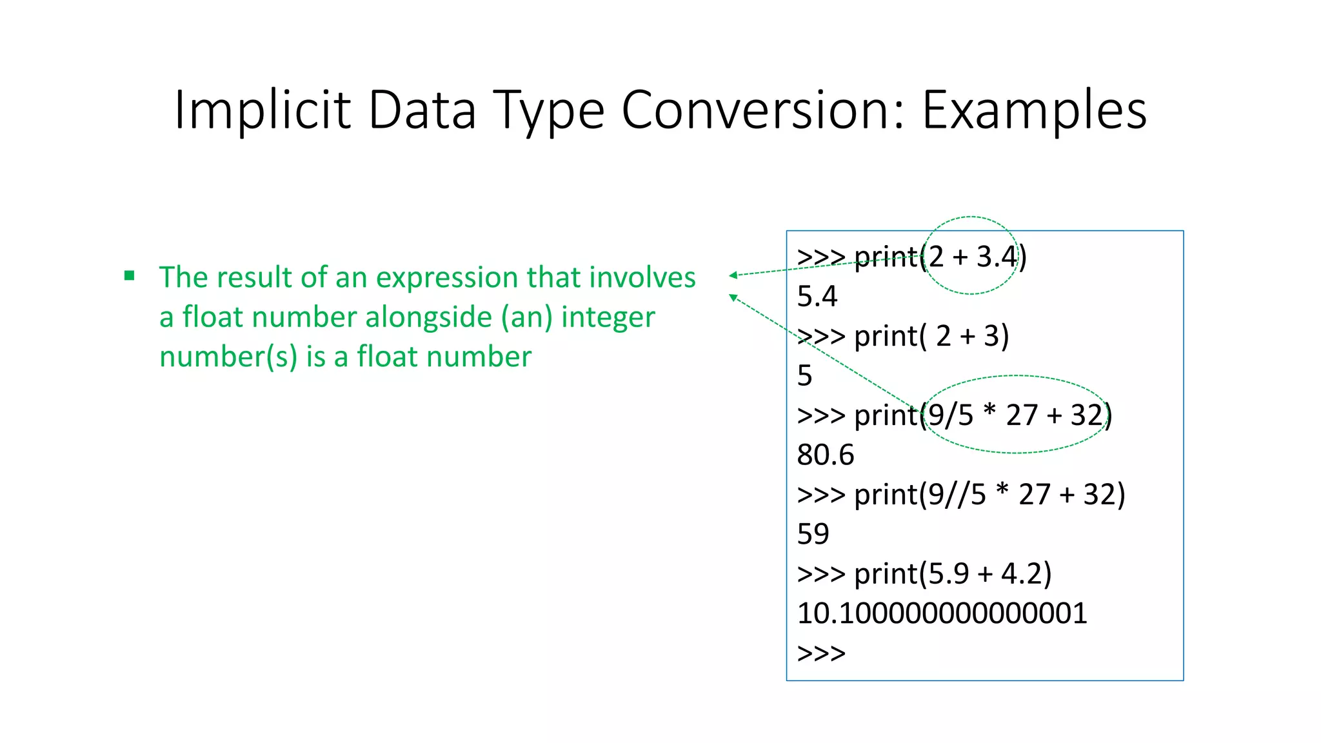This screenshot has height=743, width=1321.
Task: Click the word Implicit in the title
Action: tap(262, 110)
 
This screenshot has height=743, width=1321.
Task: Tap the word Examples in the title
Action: tap(1034, 110)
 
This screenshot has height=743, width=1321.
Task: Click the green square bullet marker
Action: tap(130, 276)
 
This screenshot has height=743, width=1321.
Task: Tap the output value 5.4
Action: tap(817, 297)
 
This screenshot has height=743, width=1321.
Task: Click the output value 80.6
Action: tap(825, 455)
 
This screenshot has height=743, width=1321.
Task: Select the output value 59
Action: tap(813, 534)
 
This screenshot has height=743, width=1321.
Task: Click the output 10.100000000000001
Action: tap(942, 613)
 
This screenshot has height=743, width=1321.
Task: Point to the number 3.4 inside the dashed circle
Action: tap(996, 257)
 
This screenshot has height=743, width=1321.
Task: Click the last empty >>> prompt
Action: tap(820, 653)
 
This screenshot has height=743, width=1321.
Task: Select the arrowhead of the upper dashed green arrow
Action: tap(733, 275)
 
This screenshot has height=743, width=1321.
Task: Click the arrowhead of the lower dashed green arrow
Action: tap(733, 297)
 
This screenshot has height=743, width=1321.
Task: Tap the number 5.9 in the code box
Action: tap(948, 574)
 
